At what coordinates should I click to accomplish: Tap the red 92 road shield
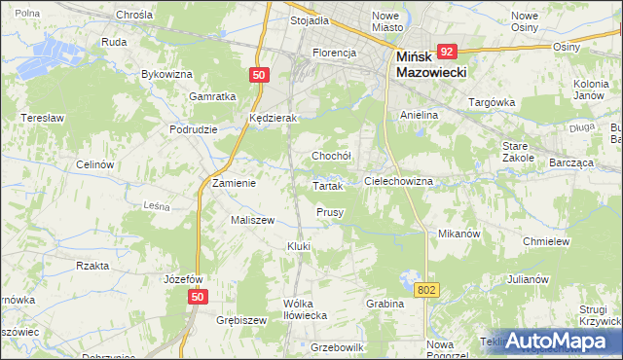(447, 51)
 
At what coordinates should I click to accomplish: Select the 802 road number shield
(426, 289)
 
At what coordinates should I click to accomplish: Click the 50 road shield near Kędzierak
(258, 74)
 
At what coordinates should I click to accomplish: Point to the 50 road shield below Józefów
(198, 297)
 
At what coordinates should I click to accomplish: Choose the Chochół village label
(330, 156)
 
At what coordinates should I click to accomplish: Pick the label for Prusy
(330, 211)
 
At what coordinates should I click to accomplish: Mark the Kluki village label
(298, 246)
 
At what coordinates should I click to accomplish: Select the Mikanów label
(459, 234)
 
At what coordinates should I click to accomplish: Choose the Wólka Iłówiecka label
(301, 308)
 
